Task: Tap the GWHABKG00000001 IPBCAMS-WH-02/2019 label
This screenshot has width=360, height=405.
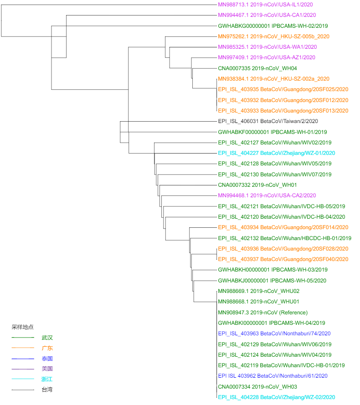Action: (x=273, y=26)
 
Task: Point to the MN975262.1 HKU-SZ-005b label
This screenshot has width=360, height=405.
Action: (x=273, y=36)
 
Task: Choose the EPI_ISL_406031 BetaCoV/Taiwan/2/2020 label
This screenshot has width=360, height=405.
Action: (x=268, y=121)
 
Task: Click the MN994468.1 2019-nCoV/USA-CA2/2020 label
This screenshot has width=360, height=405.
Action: (x=267, y=195)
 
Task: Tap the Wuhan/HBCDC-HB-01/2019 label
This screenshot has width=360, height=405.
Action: (x=284, y=238)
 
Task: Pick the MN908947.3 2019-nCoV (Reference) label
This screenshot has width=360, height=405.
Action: (x=263, y=313)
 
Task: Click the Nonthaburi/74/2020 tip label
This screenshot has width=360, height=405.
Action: (x=274, y=333)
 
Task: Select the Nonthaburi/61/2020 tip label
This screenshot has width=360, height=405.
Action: (x=273, y=376)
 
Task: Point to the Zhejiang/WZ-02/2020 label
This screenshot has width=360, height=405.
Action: (x=277, y=397)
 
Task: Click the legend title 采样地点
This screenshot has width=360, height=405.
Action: (x=22, y=327)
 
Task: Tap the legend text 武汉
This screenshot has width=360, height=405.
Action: (x=47, y=338)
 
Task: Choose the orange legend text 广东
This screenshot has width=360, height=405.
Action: (x=47, y=348)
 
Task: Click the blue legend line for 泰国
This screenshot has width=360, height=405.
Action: (x=23, y=359)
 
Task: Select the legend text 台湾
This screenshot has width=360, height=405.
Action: (x=47, y=390)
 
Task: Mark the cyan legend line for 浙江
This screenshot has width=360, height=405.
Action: (x=23, y=379)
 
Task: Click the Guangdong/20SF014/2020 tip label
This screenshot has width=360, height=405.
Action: (x=283, y=227)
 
